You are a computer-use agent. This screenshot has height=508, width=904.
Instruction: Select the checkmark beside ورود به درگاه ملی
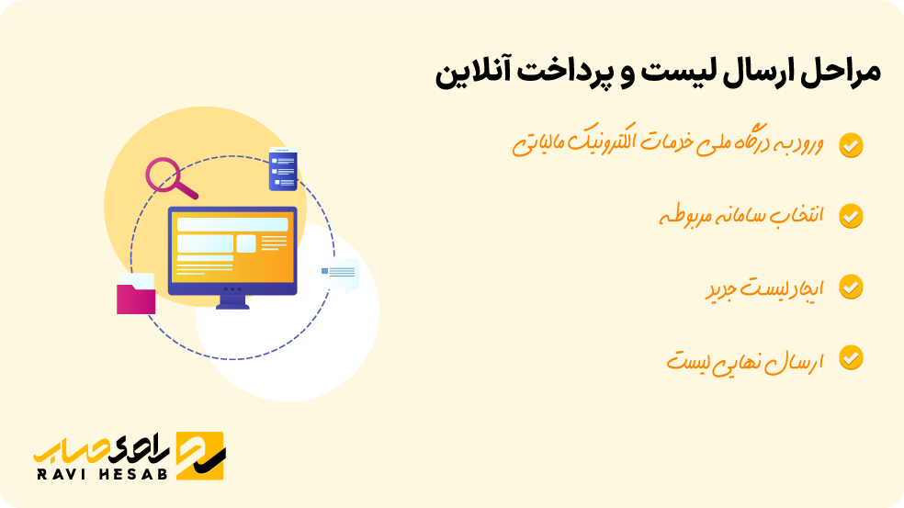pos(852,145)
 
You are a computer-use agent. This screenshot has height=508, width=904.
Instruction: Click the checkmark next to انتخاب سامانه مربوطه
pos(852,216)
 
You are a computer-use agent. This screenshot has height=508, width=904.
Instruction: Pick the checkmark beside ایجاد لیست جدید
pos(852,287)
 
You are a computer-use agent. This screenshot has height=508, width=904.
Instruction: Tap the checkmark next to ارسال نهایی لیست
pos(852,357)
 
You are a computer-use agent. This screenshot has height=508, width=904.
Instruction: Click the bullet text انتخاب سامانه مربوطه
pos(741,217)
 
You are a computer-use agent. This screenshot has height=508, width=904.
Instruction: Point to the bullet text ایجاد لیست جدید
pos(764,288)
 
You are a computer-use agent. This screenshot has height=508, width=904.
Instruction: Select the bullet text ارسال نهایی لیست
pos(745,358)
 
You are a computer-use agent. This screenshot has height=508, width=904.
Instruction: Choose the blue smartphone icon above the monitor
pos(283,169)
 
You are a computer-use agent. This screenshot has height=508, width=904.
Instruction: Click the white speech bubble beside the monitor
pos(340,274)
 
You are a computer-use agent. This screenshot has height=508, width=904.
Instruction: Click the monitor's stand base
pos(232,304)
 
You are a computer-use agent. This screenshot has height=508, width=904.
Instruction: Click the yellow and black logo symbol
pos(200,454)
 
